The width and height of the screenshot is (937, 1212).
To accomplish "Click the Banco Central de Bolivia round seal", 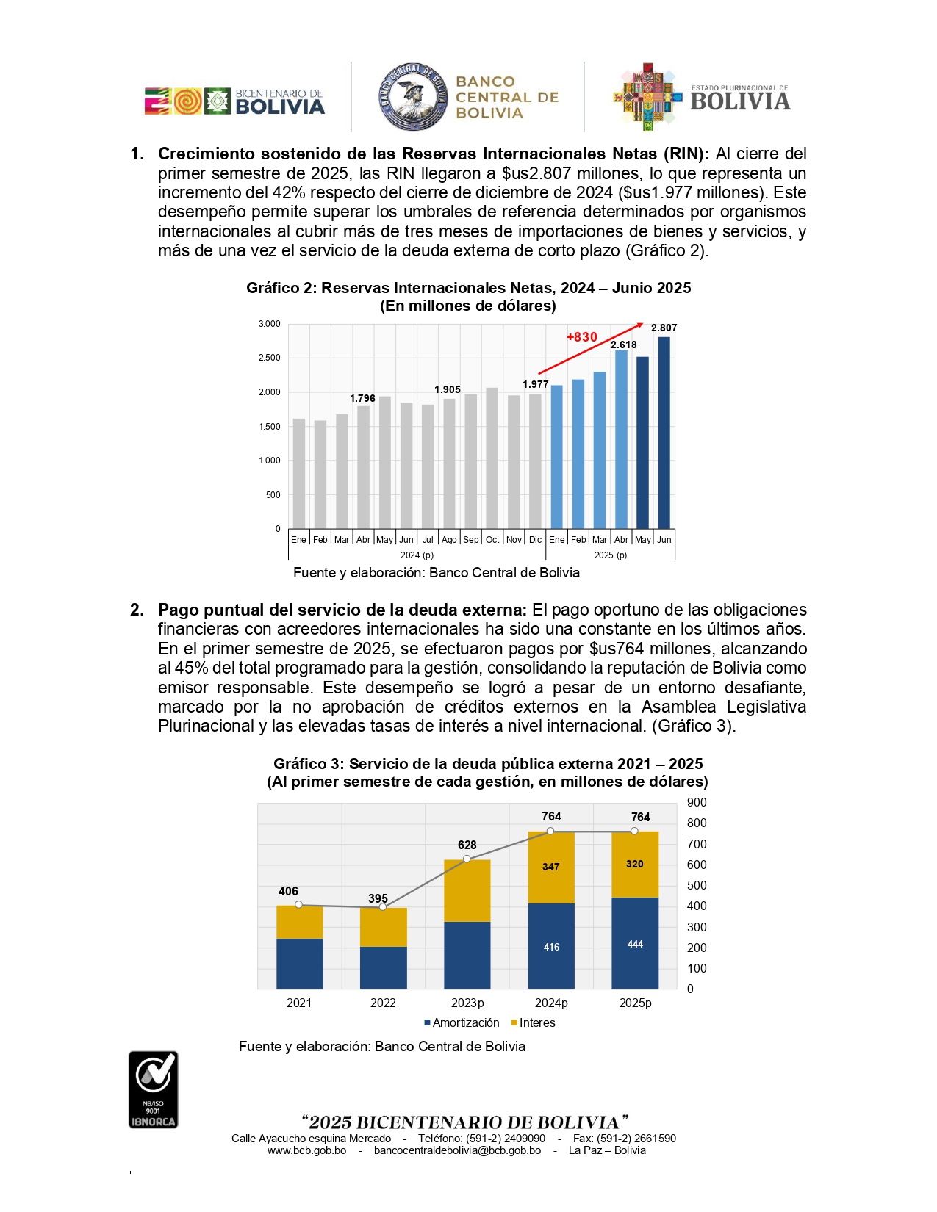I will (413, 97).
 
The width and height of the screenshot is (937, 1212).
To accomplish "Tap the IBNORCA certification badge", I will (153, 1089).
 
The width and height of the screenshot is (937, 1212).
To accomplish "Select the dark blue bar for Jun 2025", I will (664, 433).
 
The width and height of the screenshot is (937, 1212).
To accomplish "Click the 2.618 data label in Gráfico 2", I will (624, 345).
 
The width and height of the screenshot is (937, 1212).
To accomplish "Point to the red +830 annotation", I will (582, 337).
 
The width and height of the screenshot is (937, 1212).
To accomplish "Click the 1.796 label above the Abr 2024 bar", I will (362, 398).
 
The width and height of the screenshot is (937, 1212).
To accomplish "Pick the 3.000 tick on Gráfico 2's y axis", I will (270, 324).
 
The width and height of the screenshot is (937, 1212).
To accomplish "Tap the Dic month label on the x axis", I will (535, 540).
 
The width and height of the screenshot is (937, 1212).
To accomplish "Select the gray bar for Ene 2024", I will (298, 474).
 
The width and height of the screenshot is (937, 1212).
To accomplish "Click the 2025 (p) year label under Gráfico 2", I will (611, 555).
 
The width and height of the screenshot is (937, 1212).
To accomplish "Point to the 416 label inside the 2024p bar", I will (551, 947).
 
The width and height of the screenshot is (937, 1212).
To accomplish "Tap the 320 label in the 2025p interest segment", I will (635, 864).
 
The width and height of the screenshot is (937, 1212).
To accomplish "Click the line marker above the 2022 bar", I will (383, 907).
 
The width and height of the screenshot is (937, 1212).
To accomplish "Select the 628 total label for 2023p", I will (467, 845).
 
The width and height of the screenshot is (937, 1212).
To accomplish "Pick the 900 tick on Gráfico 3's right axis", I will (697, 803).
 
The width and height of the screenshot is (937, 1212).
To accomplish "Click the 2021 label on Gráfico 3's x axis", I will (299, 1003).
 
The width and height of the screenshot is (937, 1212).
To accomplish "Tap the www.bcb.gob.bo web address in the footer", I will (306, 1150).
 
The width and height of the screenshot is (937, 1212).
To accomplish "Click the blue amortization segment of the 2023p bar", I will (467, 955).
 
